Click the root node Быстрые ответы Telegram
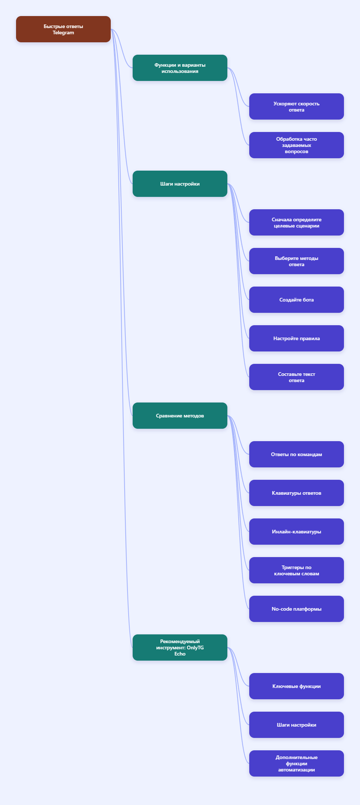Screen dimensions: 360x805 (x=63, y=29)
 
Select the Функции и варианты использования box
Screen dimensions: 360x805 (x=180, y=68)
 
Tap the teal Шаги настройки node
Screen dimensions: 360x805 (x=180, y=184)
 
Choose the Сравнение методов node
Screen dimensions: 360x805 (x=180, y=416)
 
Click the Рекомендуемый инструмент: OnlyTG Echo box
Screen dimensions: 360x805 (x=180, y=647)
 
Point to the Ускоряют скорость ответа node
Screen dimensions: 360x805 (x=297, y=106)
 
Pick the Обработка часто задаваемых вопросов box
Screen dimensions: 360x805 (x=297, y=145)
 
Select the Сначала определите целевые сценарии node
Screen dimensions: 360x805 (x=297, y=222)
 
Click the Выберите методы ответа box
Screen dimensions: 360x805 (x=297, y=261)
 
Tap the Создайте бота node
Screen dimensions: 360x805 (x=297, y=300)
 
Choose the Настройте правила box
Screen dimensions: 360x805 (x=297, y=338)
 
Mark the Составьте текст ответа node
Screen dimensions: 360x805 (x=297, y=377)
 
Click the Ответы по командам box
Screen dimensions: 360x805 (x=297, y=454)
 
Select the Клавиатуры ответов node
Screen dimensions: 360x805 (x=297, y=493)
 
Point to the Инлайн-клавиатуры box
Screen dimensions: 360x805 (x=297, y=532)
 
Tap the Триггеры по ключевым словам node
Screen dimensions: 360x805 (x=297, y=570)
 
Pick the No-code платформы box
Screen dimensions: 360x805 (x=297, y=609)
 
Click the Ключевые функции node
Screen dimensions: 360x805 (x=297, y=686)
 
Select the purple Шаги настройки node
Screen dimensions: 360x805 (x=297, y=725)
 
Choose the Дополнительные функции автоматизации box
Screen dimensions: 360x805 (x=297, y=763)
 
